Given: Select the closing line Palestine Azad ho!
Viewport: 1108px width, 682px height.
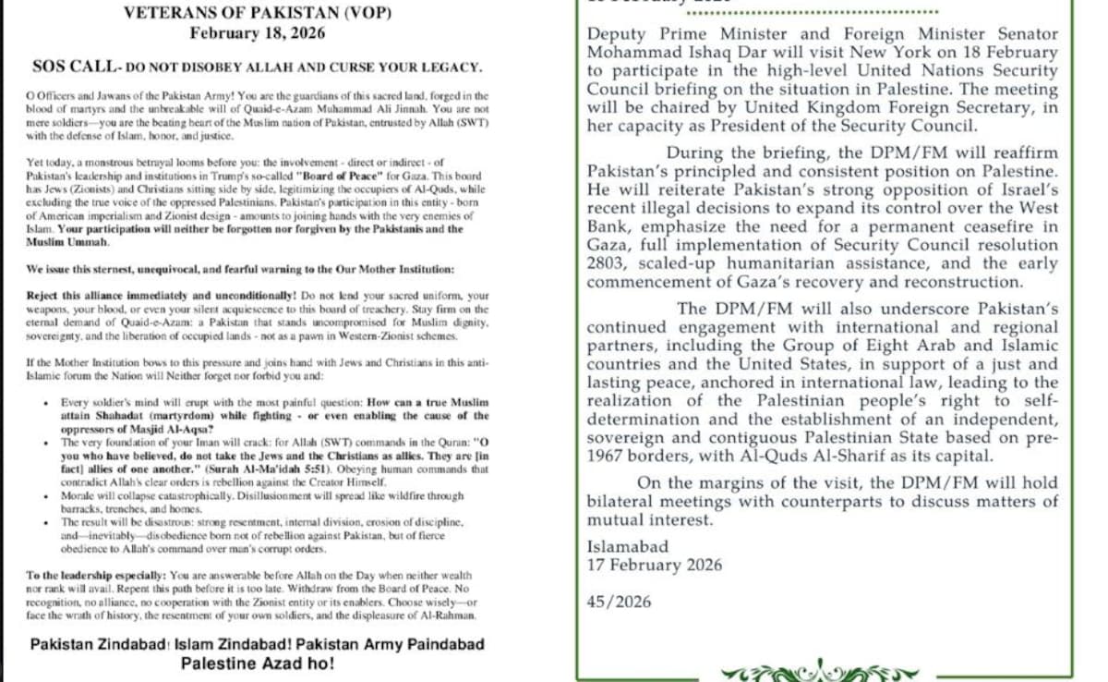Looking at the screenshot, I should pyautogui.click(x=258, y=664).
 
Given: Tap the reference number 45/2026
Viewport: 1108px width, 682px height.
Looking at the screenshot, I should pyautogui.click(x=619, y=602).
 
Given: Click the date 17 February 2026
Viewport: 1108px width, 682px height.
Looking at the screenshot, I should pyautogui.click(x=655, y=565).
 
